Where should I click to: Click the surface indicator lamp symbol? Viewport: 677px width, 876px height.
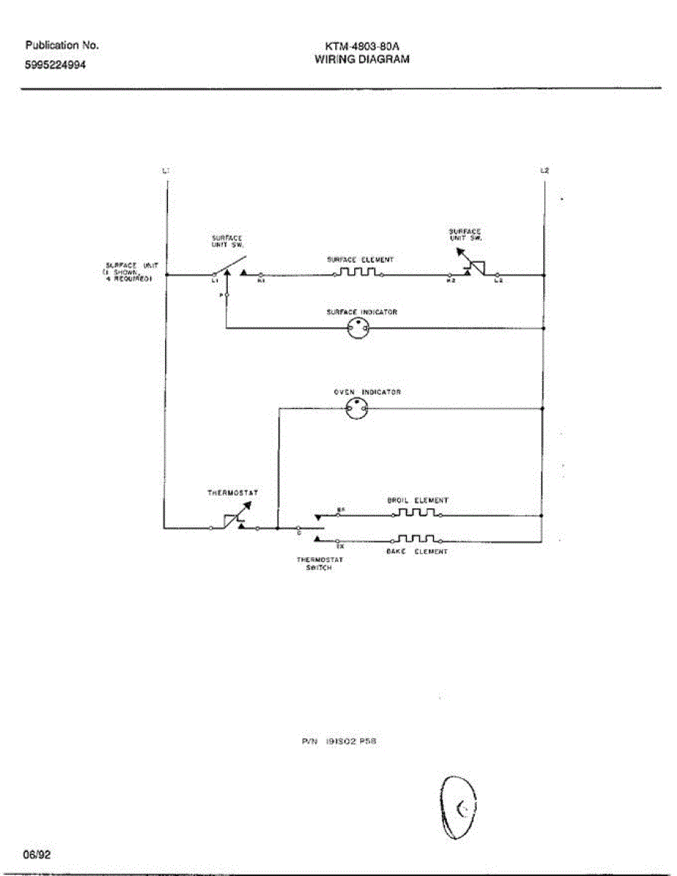[x=358, y=328]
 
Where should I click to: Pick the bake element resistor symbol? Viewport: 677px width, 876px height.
[x=417, y=540]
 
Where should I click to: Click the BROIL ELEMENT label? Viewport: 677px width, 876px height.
[x=417, y=501]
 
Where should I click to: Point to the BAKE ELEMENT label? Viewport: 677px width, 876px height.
[x=416, y=553]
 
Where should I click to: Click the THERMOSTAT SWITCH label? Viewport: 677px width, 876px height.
[x=320, y=564]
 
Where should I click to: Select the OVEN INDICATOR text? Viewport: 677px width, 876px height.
[x=367, y=392]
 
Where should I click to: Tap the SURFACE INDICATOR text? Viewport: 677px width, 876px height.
[x=362, y=312]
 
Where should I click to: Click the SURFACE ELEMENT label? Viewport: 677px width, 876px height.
[x=360, y=259]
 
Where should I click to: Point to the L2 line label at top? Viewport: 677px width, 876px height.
[x=544, y=171]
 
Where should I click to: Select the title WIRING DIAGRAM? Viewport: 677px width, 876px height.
[x=362, y=60]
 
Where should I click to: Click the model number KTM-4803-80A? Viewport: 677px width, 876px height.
[x=362, y=46]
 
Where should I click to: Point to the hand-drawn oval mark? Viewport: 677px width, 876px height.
[x=459, y=807]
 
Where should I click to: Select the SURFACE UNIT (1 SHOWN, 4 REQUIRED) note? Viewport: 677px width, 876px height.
[x=128, y=271]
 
